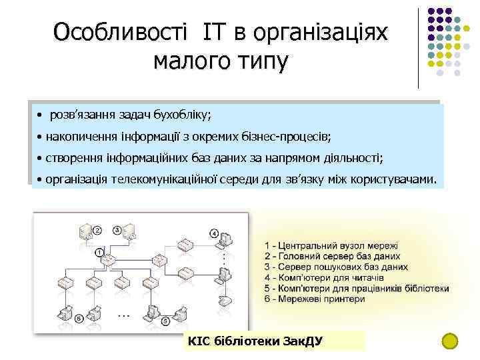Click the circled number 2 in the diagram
[97, 230]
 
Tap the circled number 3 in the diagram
[117, 230]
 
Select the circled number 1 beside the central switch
[99, 252]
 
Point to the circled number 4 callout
[214, 233]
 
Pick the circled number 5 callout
[165, 321]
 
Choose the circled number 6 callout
[79, 319]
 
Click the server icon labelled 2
[85, 233]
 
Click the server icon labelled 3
[131, 233]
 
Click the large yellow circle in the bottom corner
[451, 341]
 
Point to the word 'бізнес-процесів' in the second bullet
[291, 137]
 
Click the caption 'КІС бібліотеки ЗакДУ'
[256, 341]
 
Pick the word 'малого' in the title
[189, 61]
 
